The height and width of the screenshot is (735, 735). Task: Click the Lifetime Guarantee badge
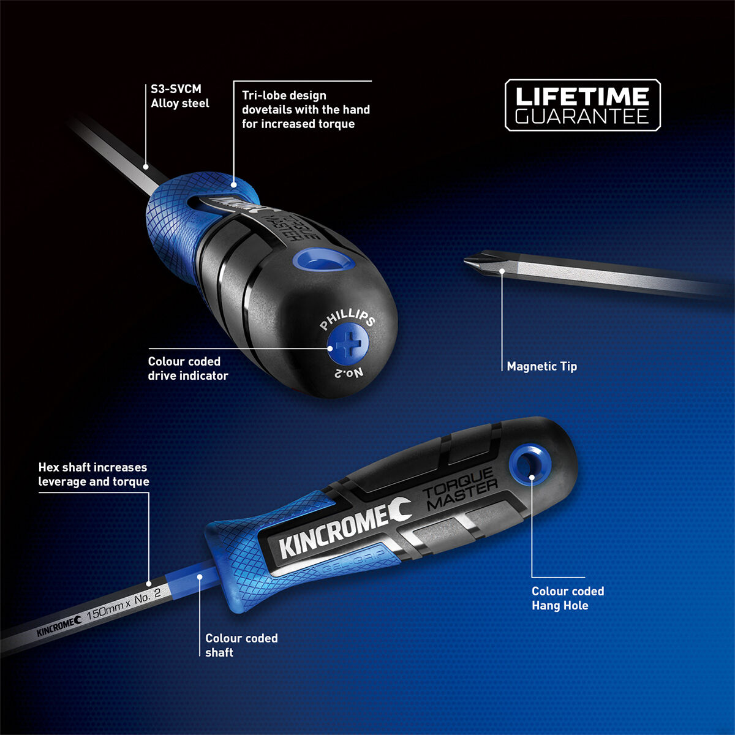point(582,105)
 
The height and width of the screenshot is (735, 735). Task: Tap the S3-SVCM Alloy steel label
point(180,97)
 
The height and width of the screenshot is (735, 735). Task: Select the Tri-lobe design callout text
point(306,110)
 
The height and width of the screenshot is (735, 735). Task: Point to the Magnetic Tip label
point(541,366)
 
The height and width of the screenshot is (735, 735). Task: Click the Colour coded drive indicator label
point(187,368)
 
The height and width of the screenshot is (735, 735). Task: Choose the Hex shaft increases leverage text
point(94,475)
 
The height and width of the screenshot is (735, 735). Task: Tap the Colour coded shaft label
point(241,645)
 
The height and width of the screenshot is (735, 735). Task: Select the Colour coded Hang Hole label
point(567,598)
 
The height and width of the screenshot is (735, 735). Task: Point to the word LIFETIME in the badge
point(582,96)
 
